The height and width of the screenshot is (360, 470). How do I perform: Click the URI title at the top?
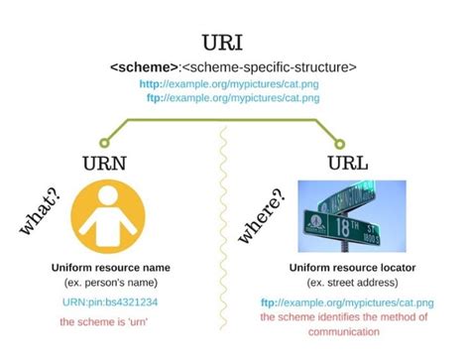235,45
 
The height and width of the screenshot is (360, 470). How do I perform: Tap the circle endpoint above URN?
105,141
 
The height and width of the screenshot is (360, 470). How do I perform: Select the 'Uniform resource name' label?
111,268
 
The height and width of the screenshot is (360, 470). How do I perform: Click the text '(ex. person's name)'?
111,283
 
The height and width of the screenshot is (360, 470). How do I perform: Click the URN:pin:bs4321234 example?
111,301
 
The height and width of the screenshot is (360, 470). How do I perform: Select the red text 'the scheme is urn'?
111,321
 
